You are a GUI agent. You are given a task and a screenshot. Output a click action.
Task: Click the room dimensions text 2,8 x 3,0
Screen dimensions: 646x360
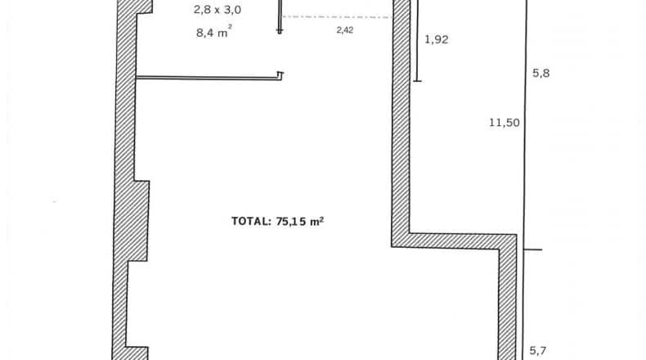point(218,10)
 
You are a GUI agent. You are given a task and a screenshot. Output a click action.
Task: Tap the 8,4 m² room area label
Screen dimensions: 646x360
point(213,32)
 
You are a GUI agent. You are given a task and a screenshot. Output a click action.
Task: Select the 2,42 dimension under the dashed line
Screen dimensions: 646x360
point(345,30)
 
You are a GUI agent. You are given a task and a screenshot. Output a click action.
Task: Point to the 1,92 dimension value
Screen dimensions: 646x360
point(437,39)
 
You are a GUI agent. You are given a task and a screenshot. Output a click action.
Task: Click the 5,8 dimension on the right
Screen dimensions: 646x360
point(541,73)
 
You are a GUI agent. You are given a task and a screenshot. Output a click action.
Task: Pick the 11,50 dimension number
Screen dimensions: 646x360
point(505,123)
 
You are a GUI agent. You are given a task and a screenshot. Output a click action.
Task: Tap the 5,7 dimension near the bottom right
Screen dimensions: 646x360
point(537,351)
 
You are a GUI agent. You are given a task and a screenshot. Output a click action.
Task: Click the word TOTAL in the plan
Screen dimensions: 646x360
point(250,222)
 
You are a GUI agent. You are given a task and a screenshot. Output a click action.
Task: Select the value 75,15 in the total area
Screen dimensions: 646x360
point(292,222)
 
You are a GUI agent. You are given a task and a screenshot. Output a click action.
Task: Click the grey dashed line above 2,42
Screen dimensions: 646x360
point(337,17)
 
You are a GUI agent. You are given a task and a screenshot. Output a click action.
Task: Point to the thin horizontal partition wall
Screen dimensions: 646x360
point(208,77)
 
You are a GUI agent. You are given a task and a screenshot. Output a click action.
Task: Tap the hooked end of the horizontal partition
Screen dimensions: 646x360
point(280,74)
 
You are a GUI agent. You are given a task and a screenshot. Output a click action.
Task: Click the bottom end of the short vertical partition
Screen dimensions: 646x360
point(280,31)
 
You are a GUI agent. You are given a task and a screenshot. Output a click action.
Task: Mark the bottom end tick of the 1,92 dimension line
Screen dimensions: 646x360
point(417,81)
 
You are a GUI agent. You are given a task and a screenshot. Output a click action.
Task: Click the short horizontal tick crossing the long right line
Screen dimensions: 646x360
point(532,250)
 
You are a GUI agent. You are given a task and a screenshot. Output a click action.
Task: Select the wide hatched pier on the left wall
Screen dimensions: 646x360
point(138,221)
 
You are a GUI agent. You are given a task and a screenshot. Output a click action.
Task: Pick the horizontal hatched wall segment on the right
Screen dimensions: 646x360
point(453,241)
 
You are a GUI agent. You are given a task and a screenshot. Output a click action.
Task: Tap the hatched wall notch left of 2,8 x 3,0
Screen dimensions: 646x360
point(144,7)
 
